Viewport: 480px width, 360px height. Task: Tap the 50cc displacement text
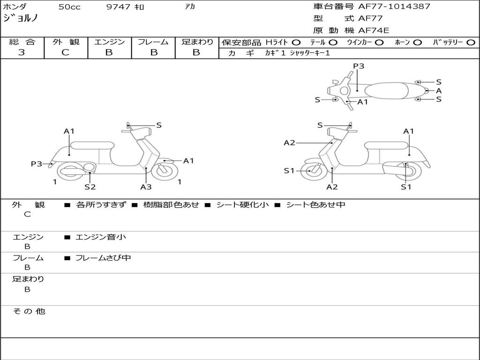click(68, 7)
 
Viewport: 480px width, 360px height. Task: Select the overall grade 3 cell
click(22, 52)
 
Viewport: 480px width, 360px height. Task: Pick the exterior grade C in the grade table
click(66, 52)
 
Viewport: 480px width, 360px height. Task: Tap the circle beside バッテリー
click(471, 43)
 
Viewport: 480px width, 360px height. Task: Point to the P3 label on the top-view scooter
click(359, 66)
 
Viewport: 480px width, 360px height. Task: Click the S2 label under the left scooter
click(90, 187)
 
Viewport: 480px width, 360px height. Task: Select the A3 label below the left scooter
click(146, 187)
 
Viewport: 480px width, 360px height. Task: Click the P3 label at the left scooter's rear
click(36, 164)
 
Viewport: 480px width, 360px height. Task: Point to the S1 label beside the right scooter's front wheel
click(289, 171)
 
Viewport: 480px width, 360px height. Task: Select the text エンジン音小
click(101, 237)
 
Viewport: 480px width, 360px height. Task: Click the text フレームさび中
click(103, 258)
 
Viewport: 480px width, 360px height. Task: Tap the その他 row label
click(29, 311)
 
